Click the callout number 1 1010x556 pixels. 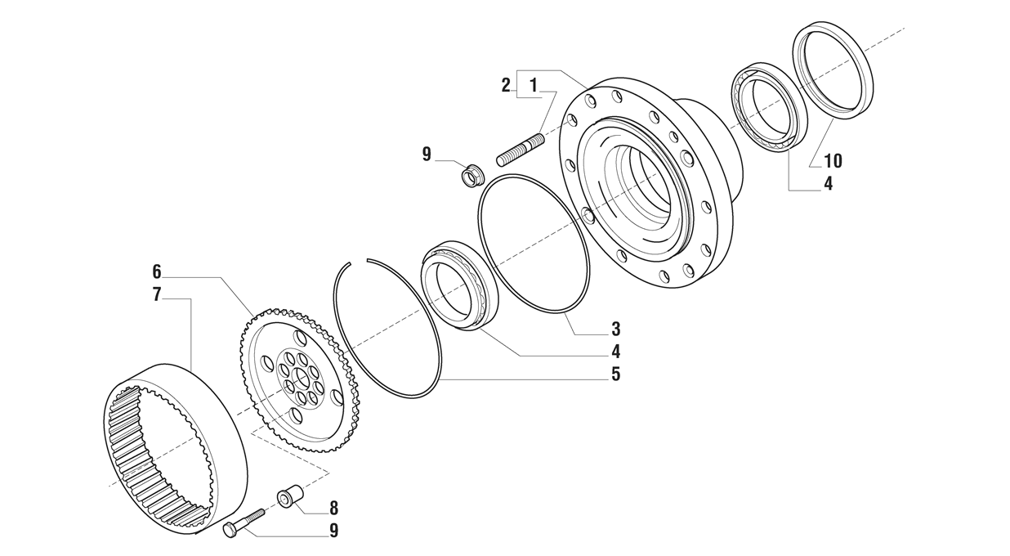coord(534,84)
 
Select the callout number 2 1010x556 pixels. coord(507,84)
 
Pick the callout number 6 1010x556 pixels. coord(157,271)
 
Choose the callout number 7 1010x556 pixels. coord(157,294)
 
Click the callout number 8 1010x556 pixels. coord(333,508)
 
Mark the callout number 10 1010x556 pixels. coord(833,161)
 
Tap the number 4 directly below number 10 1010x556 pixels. coord(828,184)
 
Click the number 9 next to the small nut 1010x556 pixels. coord(427,155)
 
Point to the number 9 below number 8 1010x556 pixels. coord(333,531)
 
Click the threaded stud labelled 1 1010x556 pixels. coord(521,149)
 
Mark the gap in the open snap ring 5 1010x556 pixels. coord(359,262)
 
